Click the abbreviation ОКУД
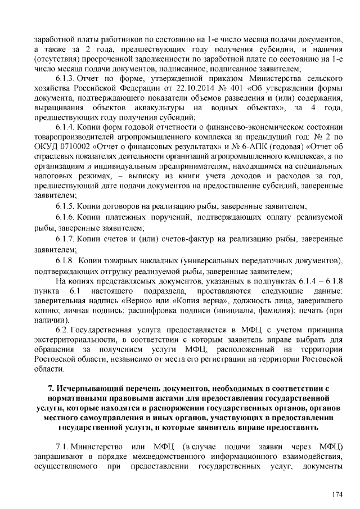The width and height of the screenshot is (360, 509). (47, 148)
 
